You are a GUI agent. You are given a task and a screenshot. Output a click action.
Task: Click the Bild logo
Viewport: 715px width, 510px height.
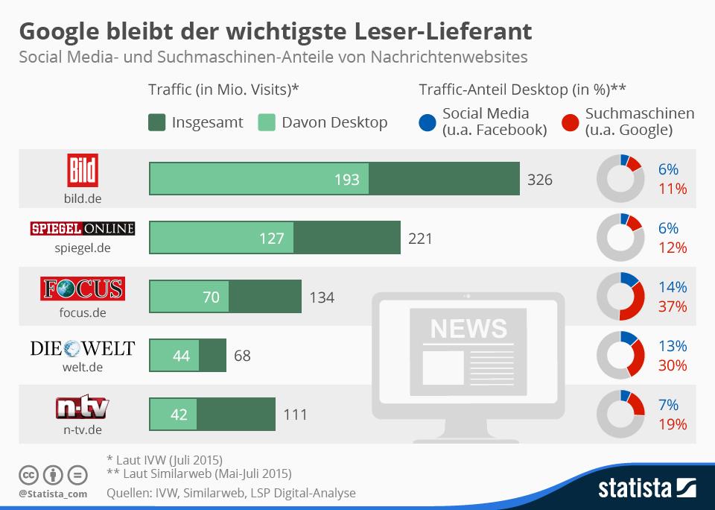click(x=83, y=171)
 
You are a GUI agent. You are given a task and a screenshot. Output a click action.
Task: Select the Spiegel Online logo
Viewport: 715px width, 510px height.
click(x=83, y=228)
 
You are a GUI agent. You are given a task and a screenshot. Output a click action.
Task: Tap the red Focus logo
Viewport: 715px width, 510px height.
click(x=83, y=288)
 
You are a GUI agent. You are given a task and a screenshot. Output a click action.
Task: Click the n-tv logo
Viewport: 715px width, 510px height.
click(x=83, y=407)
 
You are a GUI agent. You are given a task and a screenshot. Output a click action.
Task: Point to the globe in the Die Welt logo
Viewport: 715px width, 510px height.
click(x=72, y=348)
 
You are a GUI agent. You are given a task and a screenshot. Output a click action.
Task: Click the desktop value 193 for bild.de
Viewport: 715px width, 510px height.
click(x=347, y=179)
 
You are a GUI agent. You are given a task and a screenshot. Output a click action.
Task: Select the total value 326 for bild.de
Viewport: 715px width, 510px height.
click(x=540, y=179)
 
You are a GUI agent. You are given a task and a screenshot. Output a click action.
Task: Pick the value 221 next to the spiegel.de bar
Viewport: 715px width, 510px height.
click(x=420, y=239)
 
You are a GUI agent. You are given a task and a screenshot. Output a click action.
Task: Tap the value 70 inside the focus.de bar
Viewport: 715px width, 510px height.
click(x=211, y=297)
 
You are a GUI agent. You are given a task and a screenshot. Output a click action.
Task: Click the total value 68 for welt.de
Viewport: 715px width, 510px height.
click(x=242, y=356)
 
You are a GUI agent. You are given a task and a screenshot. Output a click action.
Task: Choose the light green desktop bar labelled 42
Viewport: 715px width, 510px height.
click(x=173, y=414)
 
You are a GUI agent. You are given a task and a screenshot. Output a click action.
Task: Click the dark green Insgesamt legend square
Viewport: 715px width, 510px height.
click(x=157, y=122)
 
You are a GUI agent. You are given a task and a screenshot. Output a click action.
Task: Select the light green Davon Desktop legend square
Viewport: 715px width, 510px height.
click(x=267, y=122)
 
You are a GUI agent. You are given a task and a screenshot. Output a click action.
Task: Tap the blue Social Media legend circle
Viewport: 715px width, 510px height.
click(x=428, y=122)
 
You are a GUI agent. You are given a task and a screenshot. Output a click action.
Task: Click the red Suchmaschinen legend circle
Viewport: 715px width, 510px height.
click(x=571, y=122)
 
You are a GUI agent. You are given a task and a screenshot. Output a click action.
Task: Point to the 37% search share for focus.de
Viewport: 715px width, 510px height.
click(x=673, y=306)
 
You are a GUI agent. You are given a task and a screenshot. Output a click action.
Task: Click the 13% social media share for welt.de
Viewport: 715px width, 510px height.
click(x=673, y=346)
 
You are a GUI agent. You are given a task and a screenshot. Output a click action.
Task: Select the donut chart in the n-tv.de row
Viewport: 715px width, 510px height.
click(x=620, y=414)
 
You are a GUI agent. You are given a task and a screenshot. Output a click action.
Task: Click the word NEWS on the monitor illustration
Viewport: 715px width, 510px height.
click(x=468, y=328)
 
